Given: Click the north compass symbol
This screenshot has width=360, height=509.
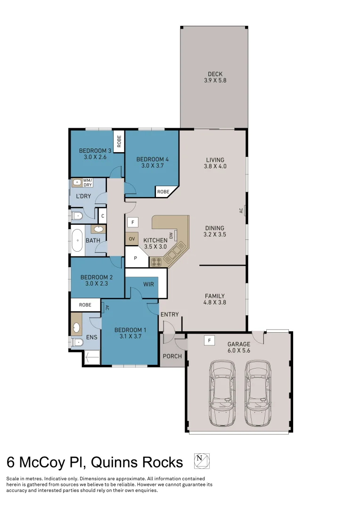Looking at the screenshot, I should [201, 461].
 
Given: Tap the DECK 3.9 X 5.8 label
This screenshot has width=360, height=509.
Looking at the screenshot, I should [215, 77].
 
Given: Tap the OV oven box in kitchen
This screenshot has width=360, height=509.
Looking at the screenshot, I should [132, 238].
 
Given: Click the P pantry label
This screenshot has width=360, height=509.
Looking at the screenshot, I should [136, 258].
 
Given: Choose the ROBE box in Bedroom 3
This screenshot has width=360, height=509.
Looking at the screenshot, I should [119, 141].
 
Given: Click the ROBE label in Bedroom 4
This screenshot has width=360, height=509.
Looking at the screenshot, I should [164, 192].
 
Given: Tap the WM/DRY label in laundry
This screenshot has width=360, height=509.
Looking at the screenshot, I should [88, 182].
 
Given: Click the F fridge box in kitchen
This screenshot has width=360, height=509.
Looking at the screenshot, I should [133, 222].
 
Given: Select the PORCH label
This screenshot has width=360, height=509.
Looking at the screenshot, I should [172, 356].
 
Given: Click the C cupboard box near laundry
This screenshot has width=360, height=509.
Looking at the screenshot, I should [102, 216].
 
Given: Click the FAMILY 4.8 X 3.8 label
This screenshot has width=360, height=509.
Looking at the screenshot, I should [214, 299].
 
